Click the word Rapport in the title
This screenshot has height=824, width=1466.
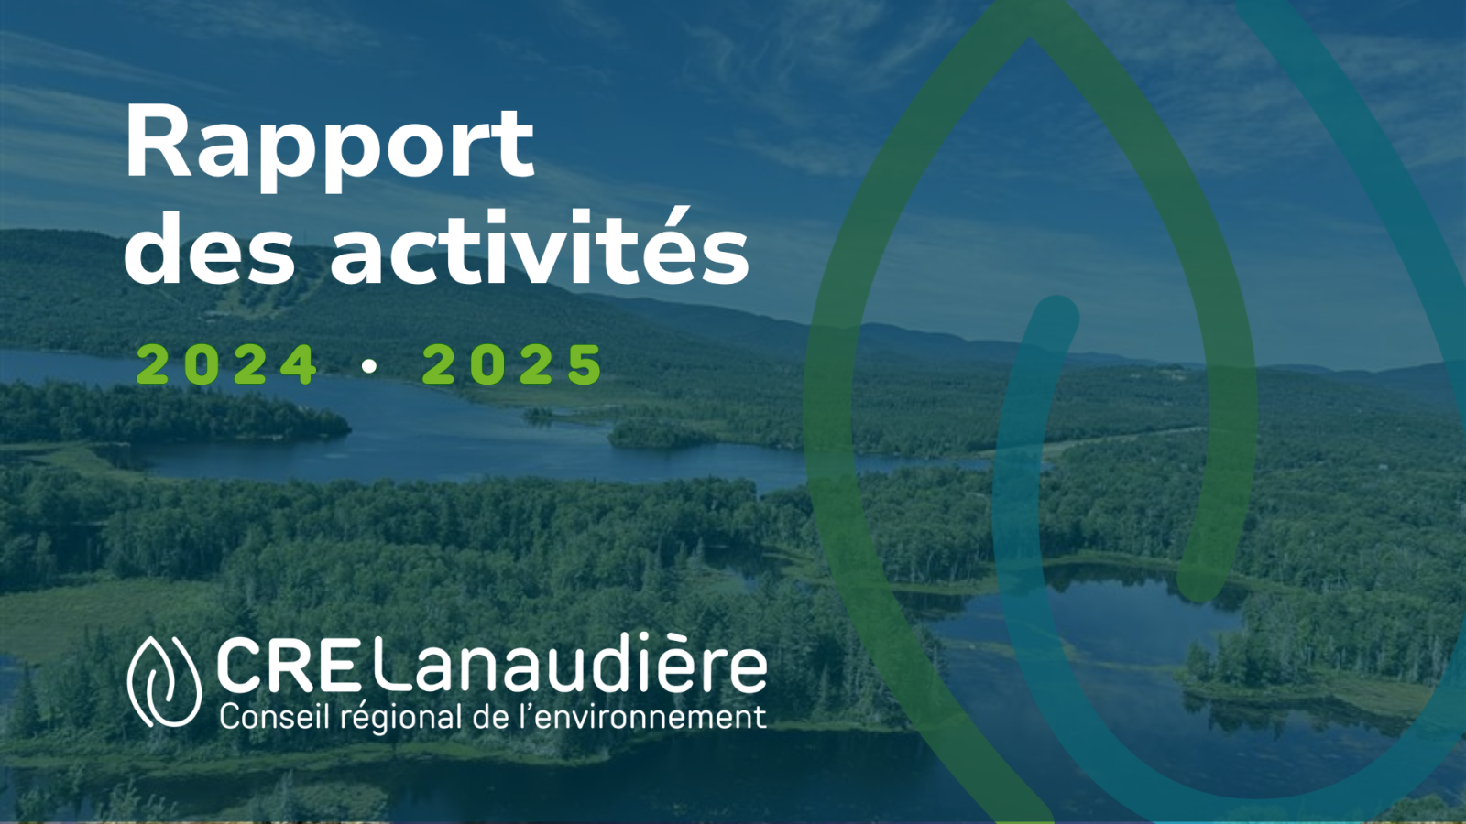pyautogui.click(x=330, y=148)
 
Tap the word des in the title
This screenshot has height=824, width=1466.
pyautogui.click(x=209, y=248)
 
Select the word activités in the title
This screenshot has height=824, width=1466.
pyautogui.click(x=540, y=246)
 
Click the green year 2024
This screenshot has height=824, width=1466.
pyautogui.click(x=226, y=364)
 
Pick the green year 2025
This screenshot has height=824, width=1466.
pyautogui.click(x=512, y=364)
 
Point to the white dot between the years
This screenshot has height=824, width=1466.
pyautogui.click(x=370, y=365)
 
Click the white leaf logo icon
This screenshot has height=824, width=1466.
pyautogui.click(x=164, y=681)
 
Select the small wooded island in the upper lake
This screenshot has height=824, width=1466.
pyautogui.click(x=658, y=434)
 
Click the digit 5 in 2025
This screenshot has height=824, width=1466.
pyautogui.click(x=585, y=364)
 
